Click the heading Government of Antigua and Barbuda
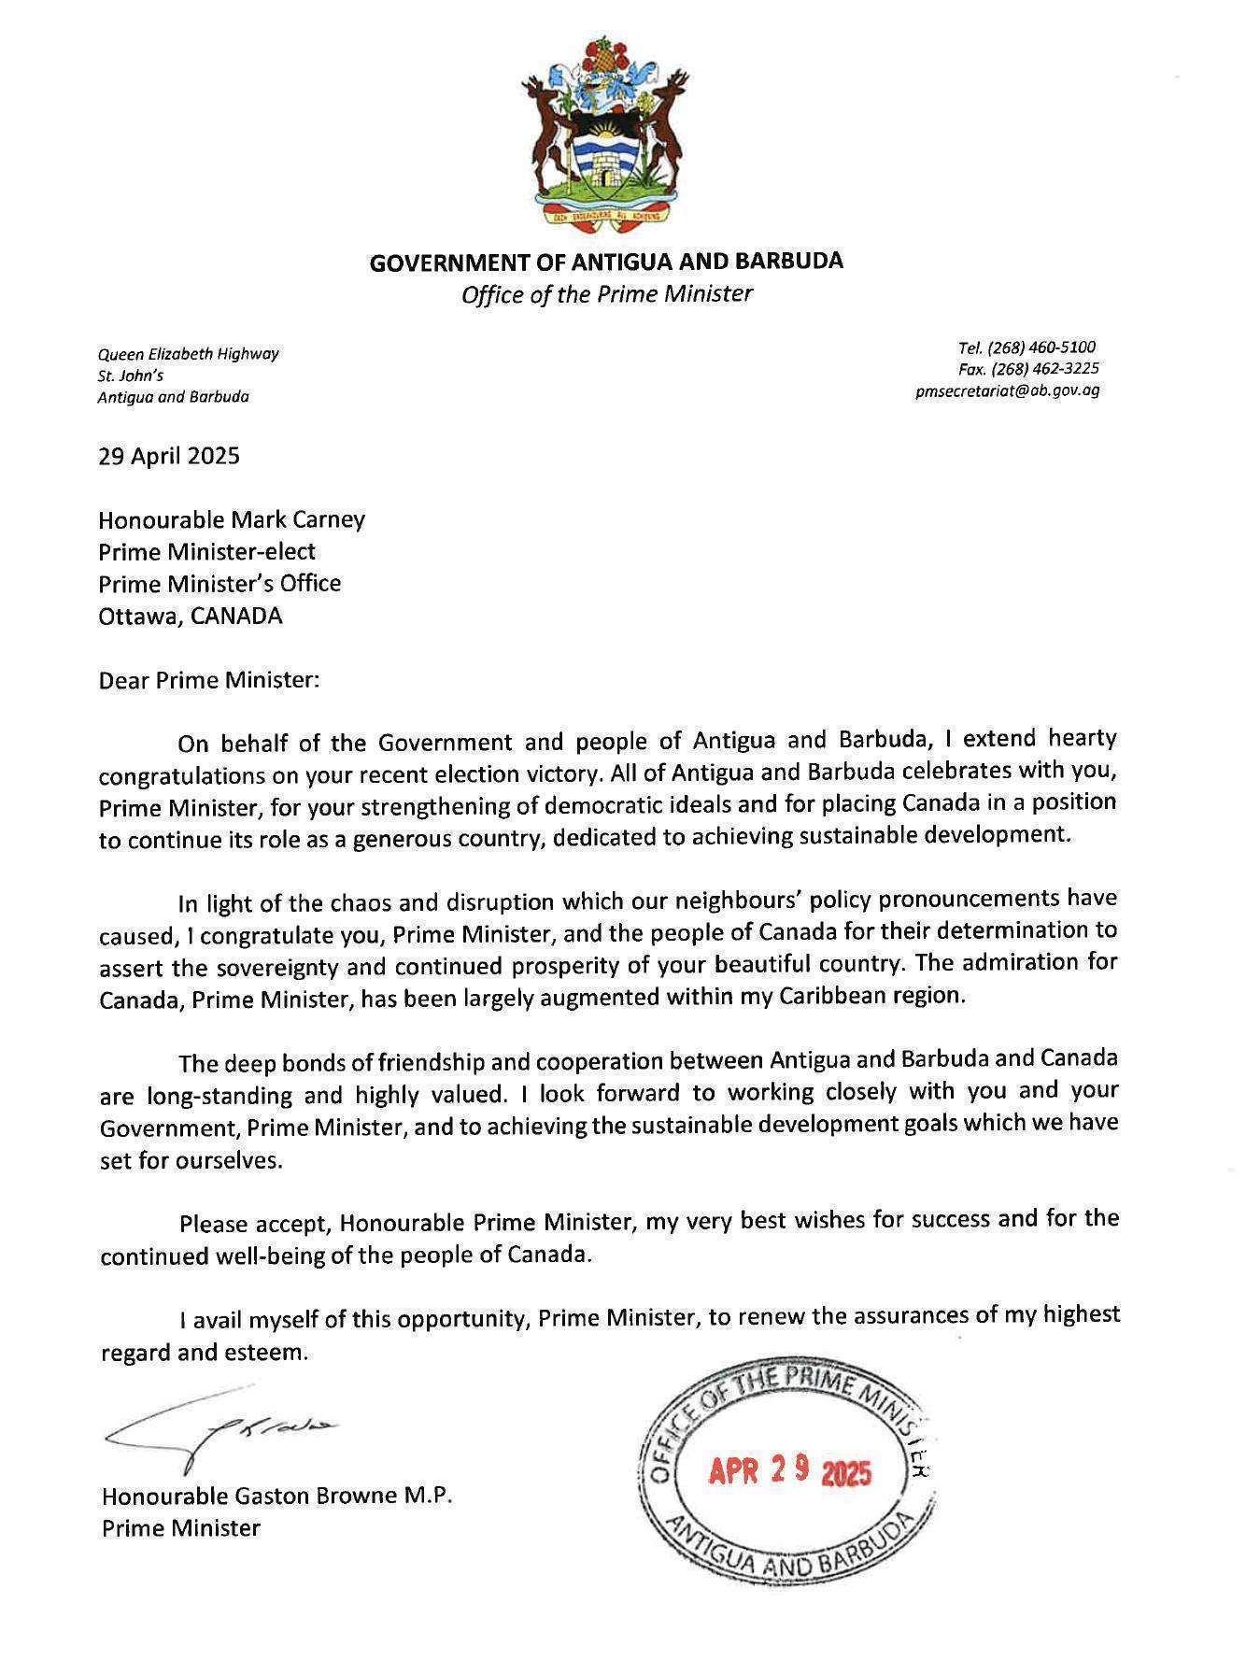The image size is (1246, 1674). click(x=606, y=262)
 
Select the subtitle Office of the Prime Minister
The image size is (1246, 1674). click(x=606, y=294)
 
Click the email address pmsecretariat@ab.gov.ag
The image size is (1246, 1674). click(x=1008, y=390)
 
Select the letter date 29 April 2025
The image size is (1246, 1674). click(x=169, y=456)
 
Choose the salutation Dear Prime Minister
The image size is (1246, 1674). click(x=209, y=680)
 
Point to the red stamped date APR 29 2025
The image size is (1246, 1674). click(x=789, y=1473)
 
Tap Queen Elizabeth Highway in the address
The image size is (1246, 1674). click(x=189, y=354)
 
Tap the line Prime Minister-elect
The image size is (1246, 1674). click(x=207, y=551)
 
